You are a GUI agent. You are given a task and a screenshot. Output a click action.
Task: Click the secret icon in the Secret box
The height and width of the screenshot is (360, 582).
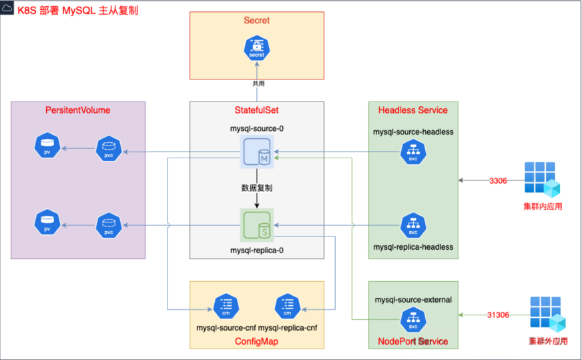coord(257,49)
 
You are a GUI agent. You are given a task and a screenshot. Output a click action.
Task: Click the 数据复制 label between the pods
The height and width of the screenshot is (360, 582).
coord(256,188)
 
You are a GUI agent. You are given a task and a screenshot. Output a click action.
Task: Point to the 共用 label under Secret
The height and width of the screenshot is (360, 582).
coord(258,83)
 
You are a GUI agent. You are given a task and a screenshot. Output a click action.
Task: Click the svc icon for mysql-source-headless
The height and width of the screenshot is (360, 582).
coord(413,153)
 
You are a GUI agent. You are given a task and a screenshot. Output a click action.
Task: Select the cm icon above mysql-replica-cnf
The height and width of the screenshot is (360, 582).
coord(288,307)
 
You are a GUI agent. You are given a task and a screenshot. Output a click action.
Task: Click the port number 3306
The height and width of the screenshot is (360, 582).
coord(498,180)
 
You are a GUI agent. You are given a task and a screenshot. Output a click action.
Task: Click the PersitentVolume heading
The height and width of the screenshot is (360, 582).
coord(77,110)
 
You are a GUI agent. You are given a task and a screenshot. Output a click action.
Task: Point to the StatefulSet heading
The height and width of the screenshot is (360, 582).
coord(257,110)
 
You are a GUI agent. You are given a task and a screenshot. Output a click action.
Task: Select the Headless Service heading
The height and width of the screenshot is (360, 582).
coord(413,110)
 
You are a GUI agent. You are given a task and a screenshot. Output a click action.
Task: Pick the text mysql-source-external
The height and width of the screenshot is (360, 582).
coord(413,300)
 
